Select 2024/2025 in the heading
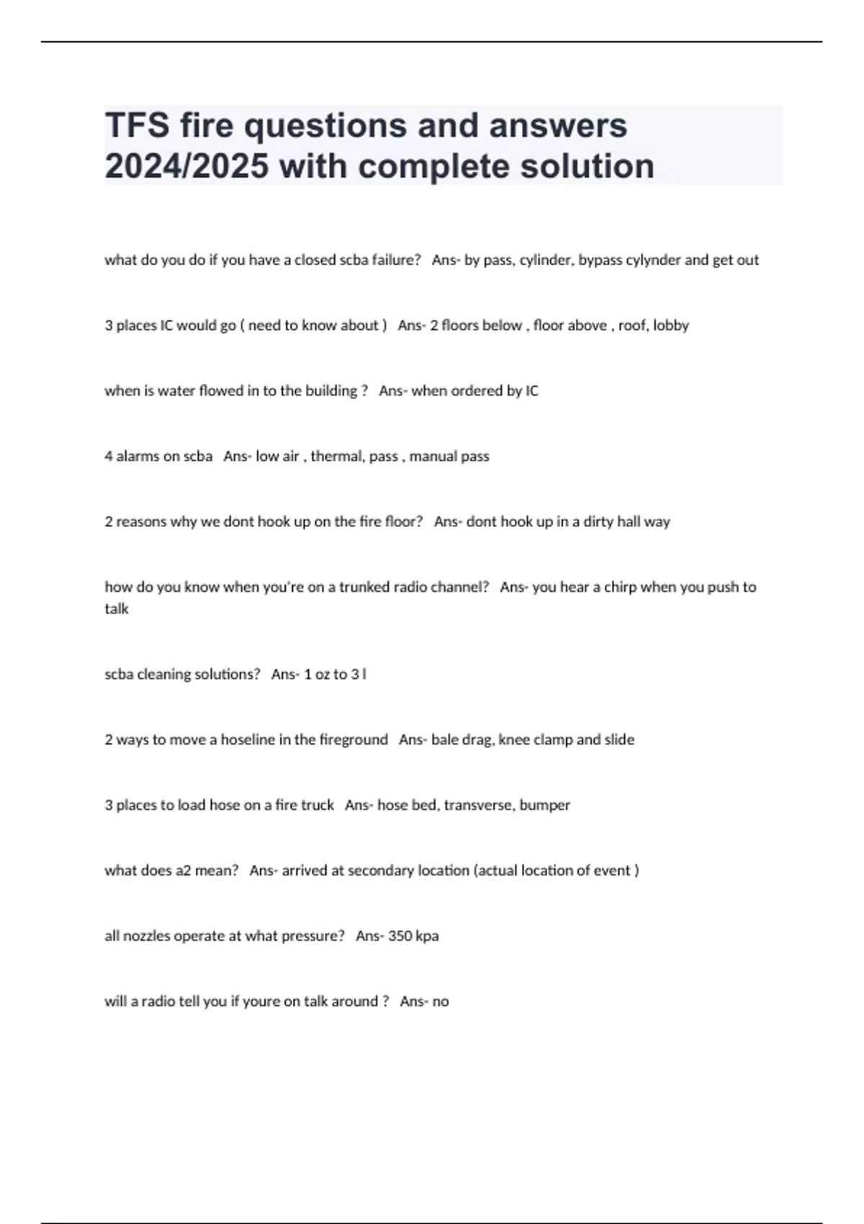(x=186, y=166)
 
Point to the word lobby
(x=671, y=325)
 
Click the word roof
(x=631, y=325)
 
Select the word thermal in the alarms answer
(x=336, y=456)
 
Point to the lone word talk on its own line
(x=117, y=609)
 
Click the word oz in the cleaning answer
(x=322, y=675)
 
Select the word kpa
(x=427, y=936)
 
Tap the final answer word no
(x=441, y=1002)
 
